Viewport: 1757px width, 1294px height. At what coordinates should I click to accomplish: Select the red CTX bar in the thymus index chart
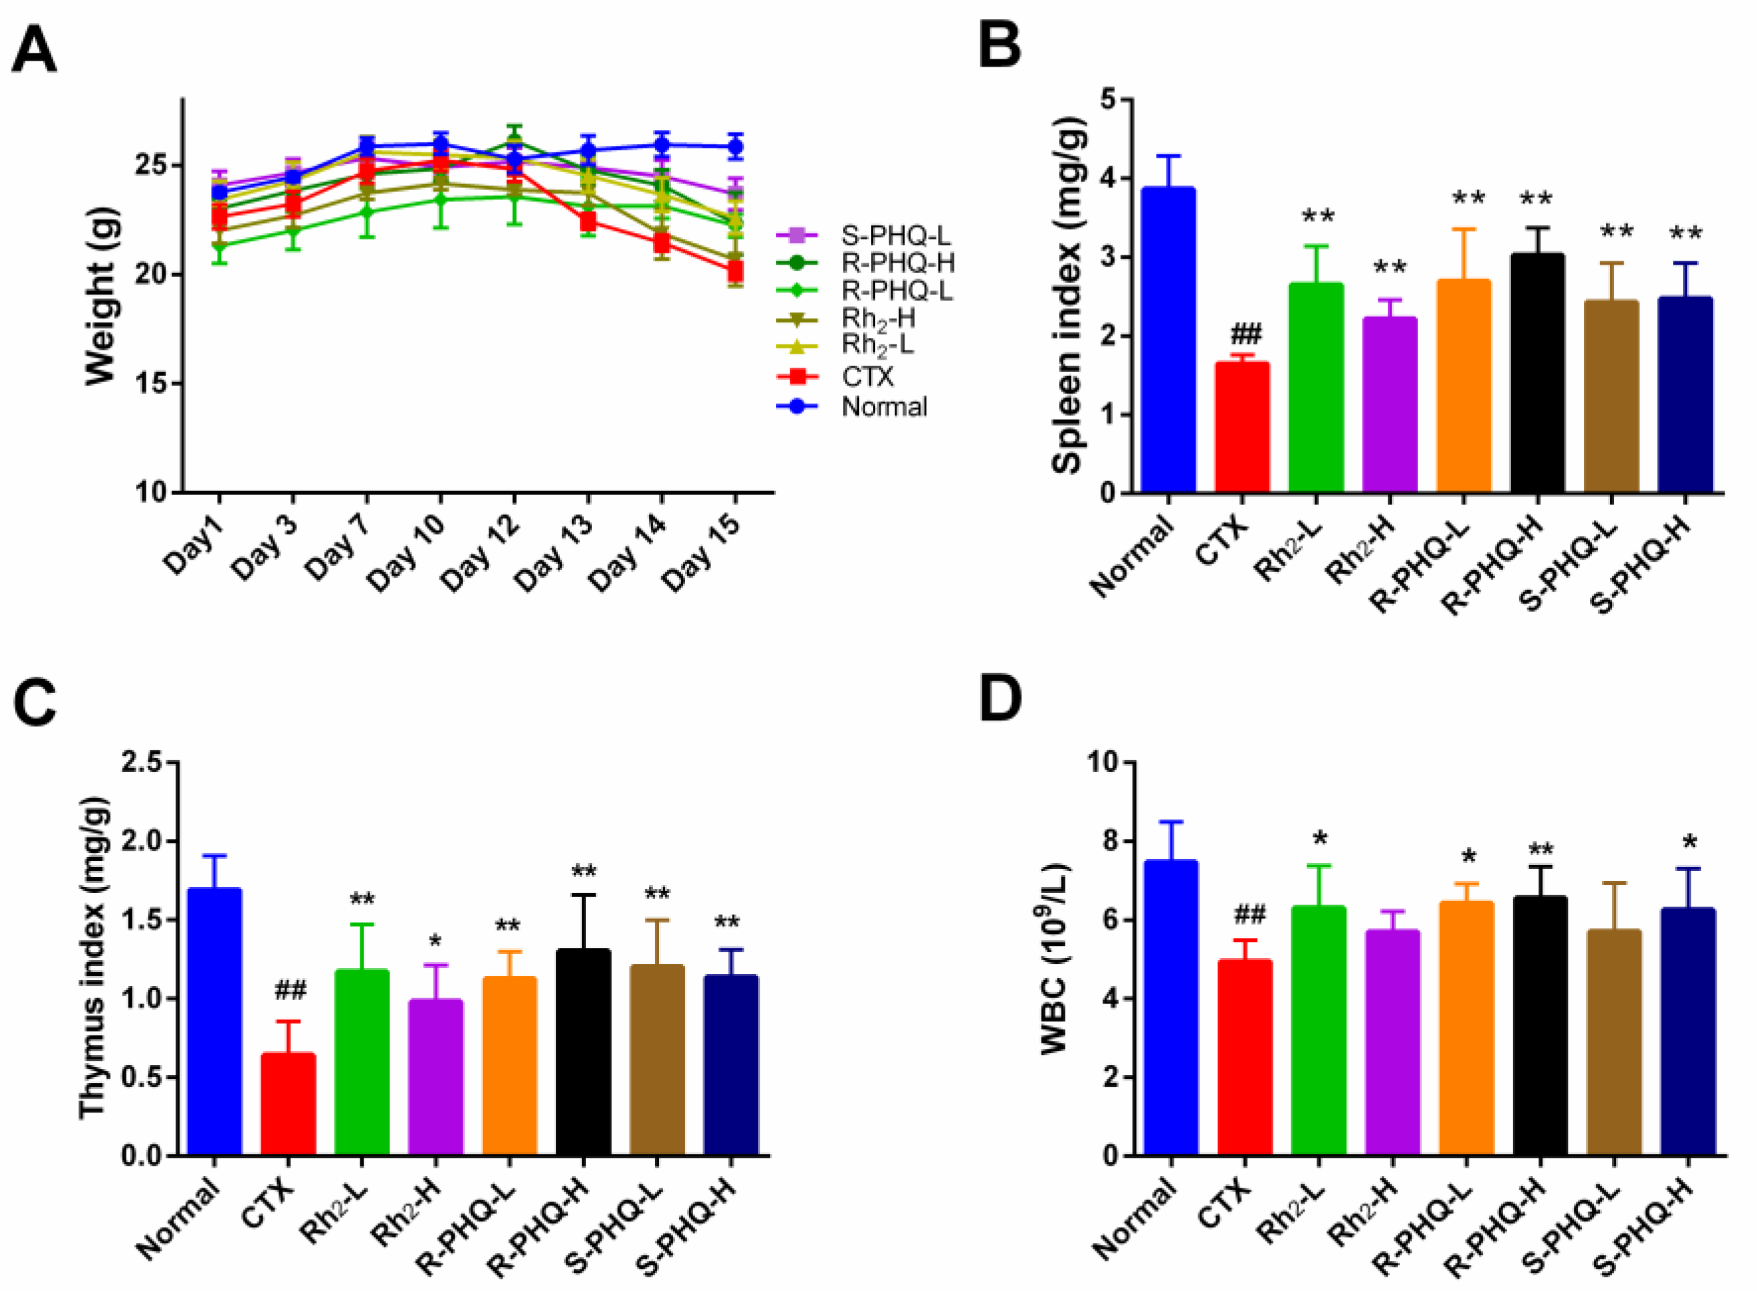click(288, 1105)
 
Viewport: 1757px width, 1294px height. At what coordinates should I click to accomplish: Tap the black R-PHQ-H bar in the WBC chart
click(1539, 1026)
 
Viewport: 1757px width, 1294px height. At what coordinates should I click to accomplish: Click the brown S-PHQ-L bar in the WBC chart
click(1613, 1043)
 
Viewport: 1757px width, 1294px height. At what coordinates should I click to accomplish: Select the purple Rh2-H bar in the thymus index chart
click(435, 1078)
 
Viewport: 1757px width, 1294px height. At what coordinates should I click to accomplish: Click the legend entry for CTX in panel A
click(867, 377)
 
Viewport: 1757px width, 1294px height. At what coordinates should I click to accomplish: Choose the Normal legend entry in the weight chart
click(884, 406)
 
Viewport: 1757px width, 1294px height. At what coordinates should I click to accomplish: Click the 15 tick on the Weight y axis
click(152, 384)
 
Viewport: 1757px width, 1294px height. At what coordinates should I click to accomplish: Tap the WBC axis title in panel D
click(1055, 959)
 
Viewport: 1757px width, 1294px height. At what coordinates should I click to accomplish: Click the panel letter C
click(34, 703)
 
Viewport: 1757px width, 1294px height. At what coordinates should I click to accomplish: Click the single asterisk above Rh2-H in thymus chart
click(435, 940)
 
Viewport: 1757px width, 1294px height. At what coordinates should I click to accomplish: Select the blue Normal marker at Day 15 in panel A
click(734, 146)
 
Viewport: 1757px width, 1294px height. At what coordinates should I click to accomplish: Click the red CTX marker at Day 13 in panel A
click(587, 222)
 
